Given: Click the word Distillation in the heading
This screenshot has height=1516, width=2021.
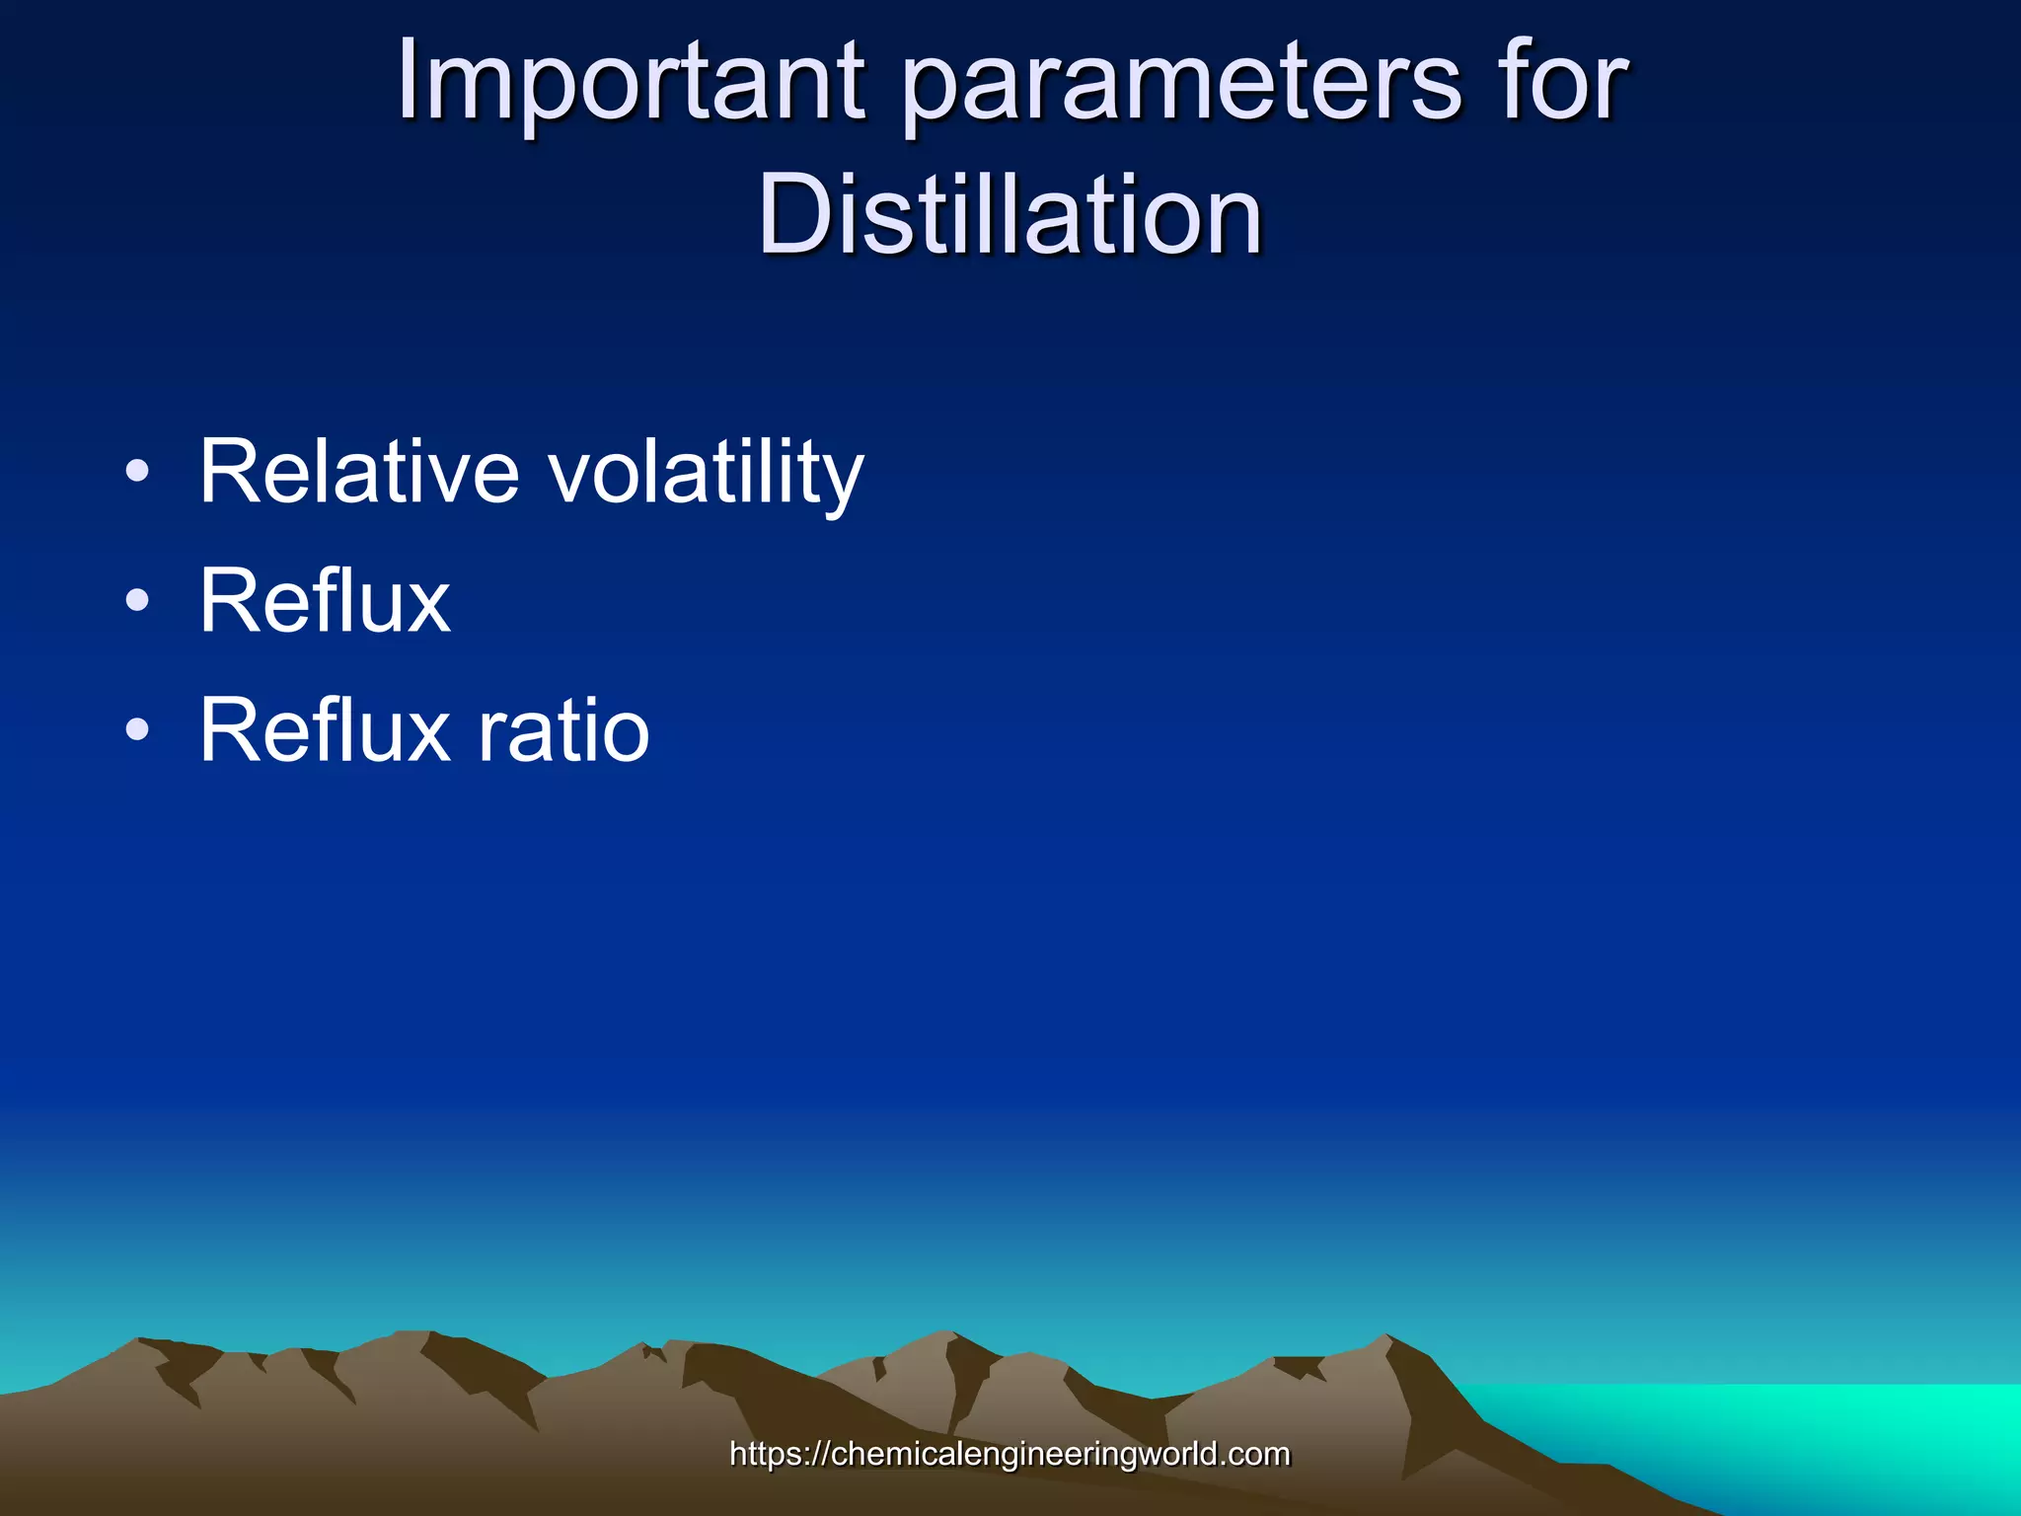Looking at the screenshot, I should pyautogui.click(x=1010, y=214).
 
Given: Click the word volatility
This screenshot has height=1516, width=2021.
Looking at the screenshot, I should pyautogui.click(x=706, y=476).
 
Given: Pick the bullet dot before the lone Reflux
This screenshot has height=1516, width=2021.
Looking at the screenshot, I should pyautogui.click(x=138, y=600).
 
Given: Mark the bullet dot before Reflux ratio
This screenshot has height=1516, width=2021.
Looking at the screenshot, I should pyautogui.click(x=138, y=730).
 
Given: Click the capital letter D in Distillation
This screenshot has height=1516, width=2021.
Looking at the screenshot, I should pyautogui.click(x=799, y=214).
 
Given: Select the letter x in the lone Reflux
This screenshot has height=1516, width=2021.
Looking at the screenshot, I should pyautogui.click(x=427, y=605).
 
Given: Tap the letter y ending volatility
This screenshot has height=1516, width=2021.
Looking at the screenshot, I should pyautogui.click(x=841, y=484).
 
